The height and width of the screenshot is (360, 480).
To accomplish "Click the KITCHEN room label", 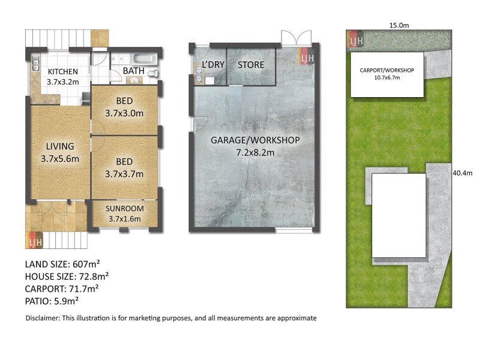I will (x=62, y=72).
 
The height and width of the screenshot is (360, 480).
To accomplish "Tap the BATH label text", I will (x=133, y=71).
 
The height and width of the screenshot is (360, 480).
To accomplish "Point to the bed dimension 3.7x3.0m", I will (x=124, y=112).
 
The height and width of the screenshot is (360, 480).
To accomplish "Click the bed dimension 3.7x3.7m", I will (x=124, y=175).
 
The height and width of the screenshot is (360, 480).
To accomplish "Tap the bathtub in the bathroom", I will (x=145, y=59).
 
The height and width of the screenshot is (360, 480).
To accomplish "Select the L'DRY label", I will (x=212, y=64).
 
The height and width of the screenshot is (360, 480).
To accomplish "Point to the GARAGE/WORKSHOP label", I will (x=254, y=140).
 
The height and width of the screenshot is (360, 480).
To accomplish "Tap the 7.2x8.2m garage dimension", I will (x=254, y=152).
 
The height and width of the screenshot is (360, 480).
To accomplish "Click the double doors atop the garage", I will (x=296, y=37).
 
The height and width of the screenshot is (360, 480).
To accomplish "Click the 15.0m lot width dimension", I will (x=399, y=25).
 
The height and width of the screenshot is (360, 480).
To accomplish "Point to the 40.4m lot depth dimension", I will (x=464, y=174).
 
